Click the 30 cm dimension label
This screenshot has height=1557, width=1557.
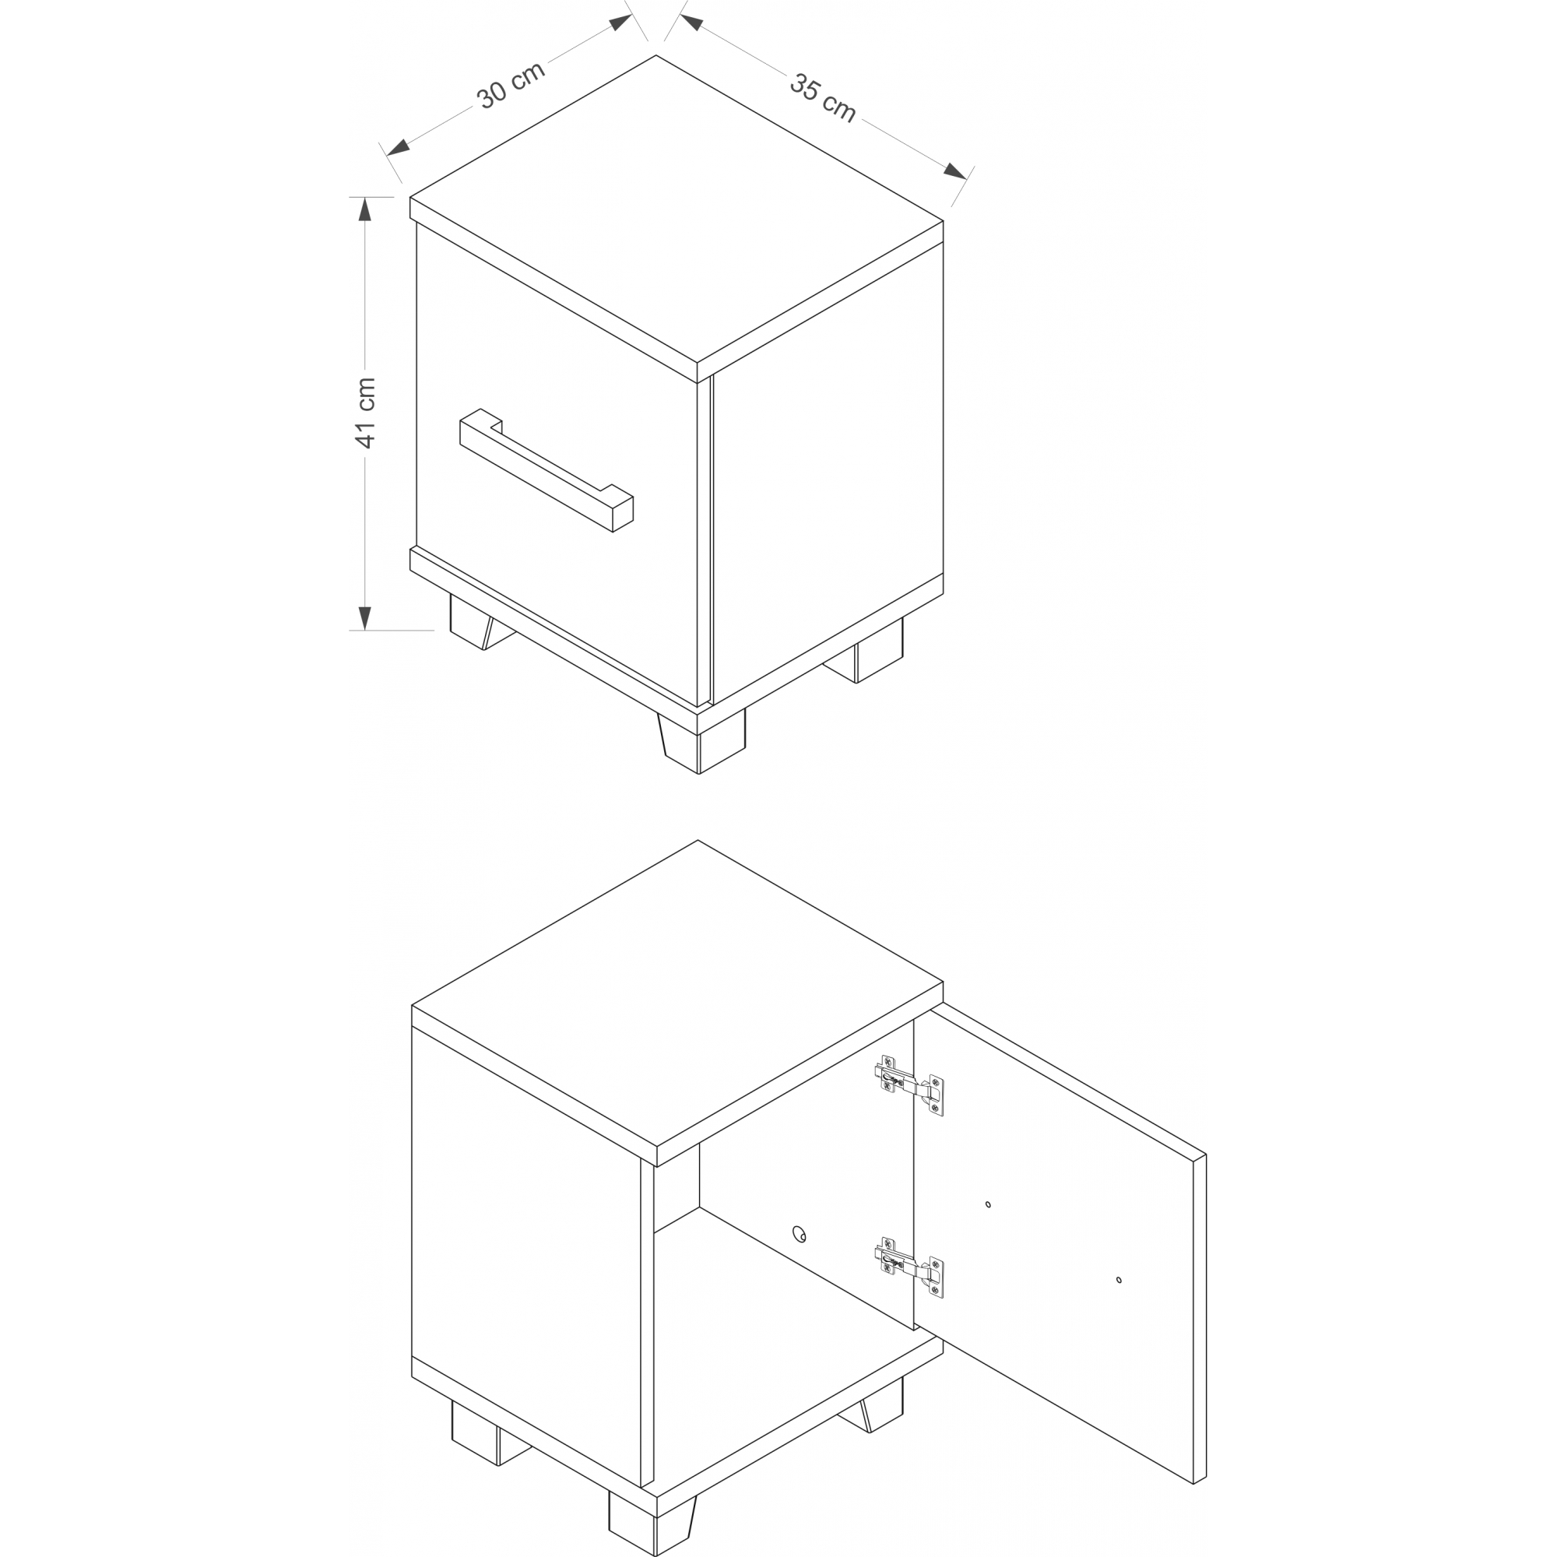(x=511, y=85)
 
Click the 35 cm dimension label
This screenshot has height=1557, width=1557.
(x=822, y=98)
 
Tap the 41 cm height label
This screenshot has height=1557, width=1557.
(x=365, y=413)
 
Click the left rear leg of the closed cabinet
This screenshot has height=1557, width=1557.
(x=480, y=622)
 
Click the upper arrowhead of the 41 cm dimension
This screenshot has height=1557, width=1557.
(x=365, y=209)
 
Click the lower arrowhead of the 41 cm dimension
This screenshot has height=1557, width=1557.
(x=365, y=618)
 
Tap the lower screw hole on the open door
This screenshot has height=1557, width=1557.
(x=1119, y=1279)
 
